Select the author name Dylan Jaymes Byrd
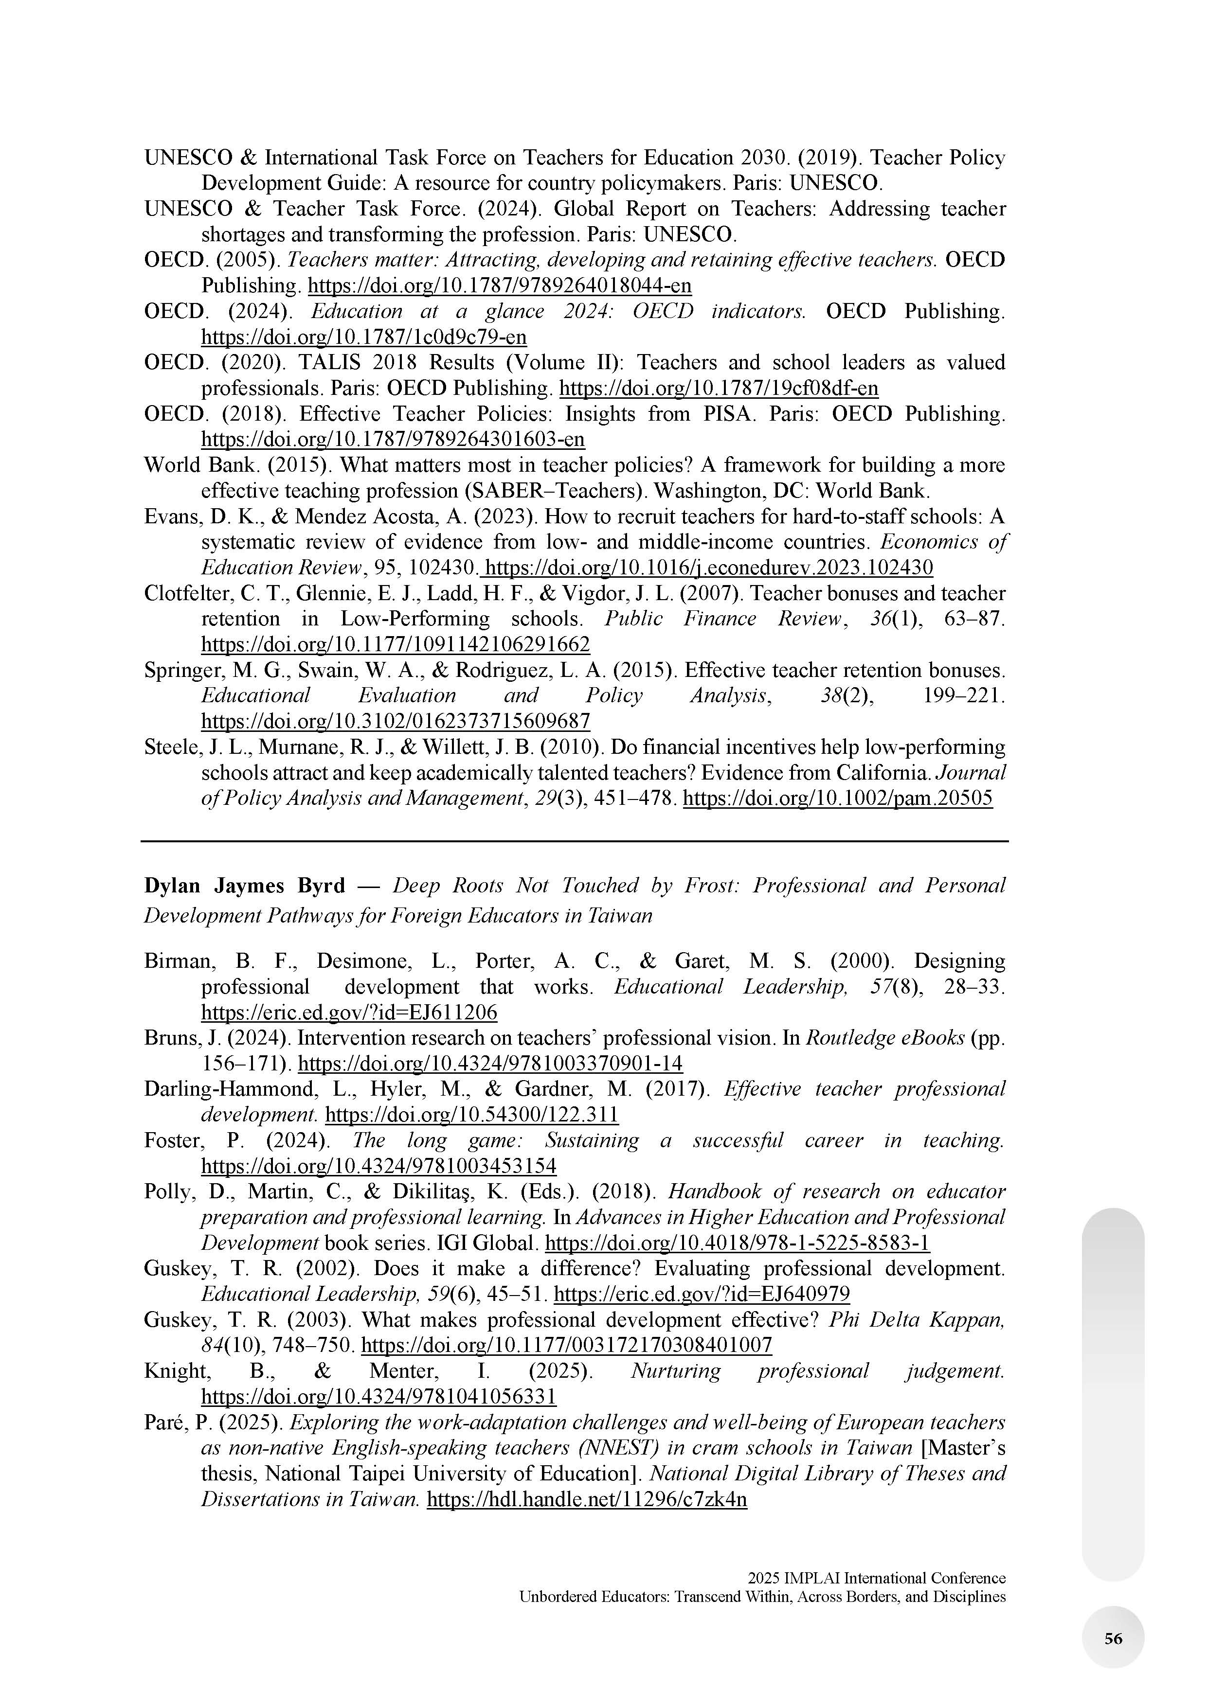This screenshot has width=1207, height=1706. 245,886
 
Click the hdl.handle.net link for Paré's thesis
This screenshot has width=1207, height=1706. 586,1499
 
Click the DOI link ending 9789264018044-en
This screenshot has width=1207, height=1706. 500,286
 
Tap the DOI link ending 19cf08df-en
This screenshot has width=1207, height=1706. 718,389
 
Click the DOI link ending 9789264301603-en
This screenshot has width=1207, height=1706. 393,440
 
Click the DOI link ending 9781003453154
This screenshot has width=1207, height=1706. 379,1166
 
